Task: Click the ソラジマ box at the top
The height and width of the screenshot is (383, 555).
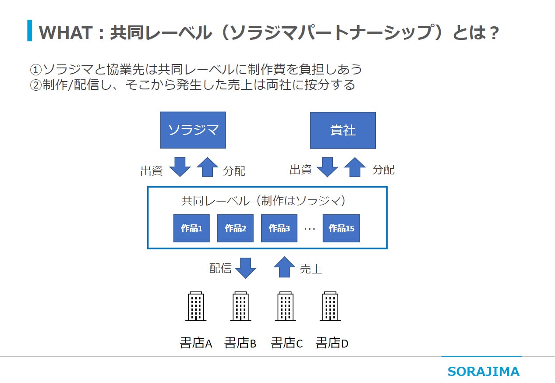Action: (x=193, y=130)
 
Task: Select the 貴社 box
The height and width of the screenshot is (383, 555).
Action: (x=343, y=131)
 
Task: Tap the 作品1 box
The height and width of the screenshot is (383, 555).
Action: (x=191, y=228)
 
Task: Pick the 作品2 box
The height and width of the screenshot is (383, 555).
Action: (x=235, y=228)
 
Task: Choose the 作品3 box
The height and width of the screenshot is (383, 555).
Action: (x=279, y=228)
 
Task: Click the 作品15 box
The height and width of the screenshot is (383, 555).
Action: (x=341, y=228)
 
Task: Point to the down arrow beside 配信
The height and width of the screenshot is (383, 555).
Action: (x=245, y=267)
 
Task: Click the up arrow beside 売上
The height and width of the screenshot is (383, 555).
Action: (x=285, y=267)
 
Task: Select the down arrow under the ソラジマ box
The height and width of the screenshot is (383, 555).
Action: (x=180, y=167)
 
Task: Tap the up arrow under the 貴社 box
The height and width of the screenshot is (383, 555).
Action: (x=355, y=167)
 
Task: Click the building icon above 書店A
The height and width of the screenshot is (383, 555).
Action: (x=196, y=306)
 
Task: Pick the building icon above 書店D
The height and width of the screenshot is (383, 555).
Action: (x=331, y=306)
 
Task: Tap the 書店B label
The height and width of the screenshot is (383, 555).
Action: (x=240, y=343)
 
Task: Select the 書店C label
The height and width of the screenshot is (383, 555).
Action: (x=286, y=343)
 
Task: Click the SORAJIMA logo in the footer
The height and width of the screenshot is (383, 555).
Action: (x=483, y=372)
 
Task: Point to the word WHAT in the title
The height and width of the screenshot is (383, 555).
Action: (x=66, y=33)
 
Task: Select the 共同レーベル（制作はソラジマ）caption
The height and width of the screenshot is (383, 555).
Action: (x=266, y=201)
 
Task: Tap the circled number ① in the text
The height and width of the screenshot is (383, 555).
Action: (x=35, y=69)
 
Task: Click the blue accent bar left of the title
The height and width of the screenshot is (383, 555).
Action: (x=29, y=30)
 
